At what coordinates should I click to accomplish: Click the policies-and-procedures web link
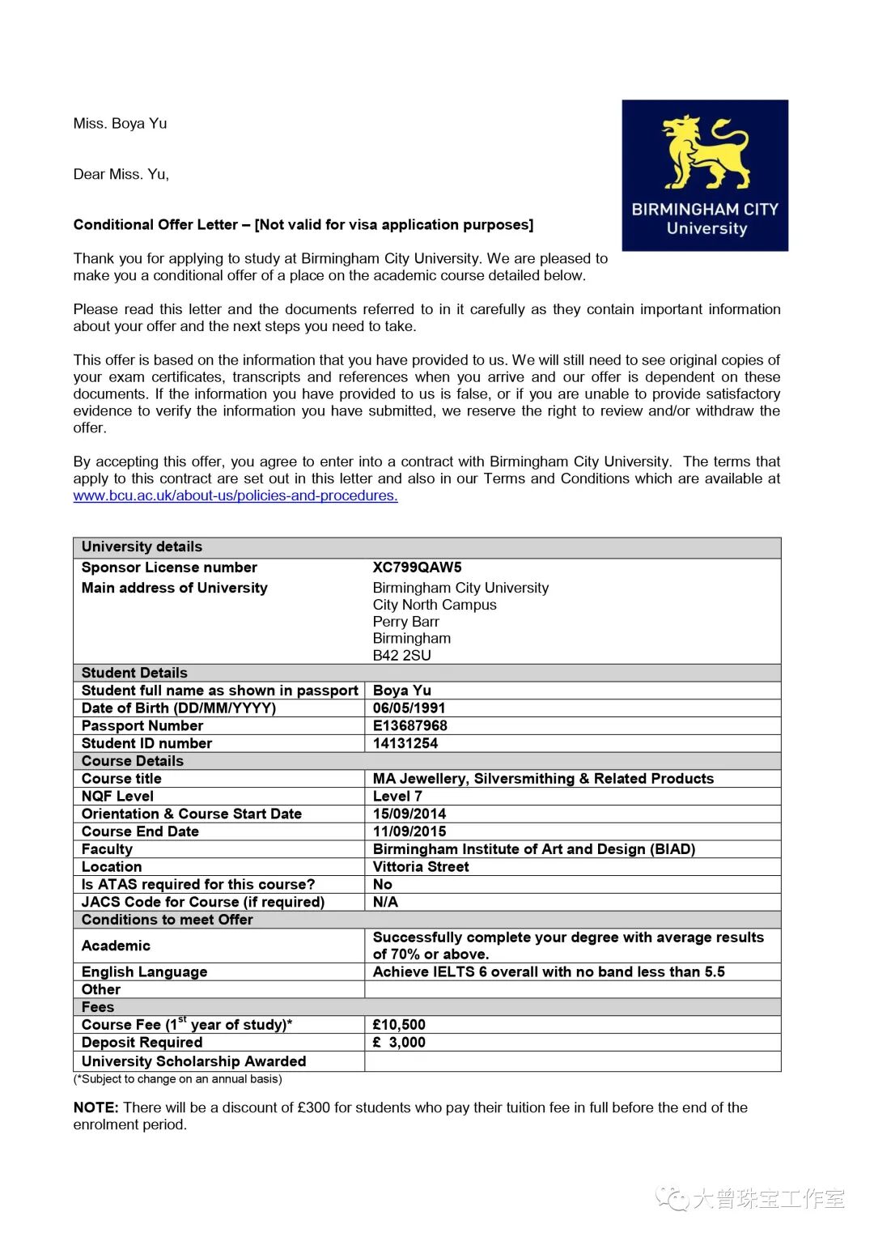[x=235, y=495]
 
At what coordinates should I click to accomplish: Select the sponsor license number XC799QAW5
[x=417, y=567]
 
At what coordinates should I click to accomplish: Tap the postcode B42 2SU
[x=401, y=655]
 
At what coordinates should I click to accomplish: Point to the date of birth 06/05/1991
[x=409, y=708]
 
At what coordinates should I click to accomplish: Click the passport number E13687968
[x=409, y=726]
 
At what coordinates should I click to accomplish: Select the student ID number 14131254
[x=405, y=743]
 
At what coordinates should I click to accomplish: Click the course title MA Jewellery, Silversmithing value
[x=543, y=779]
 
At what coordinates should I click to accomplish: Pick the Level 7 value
[x=397, y=797]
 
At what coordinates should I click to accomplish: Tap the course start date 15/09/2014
[x=409, y=814]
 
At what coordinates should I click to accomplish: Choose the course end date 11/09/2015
[x=409, y=831]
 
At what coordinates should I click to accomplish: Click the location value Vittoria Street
[x=421, y=867]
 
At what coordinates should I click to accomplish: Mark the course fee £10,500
[x=399, y=1025]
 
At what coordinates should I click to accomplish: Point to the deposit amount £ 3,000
[x=399, y=1043]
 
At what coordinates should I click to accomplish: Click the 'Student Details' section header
[x=134, y=673]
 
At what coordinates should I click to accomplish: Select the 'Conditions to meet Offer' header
[x=167, y=920]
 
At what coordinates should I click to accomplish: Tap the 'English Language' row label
[x=144, y=972]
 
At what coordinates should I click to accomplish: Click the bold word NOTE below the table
[x=95, y=1107]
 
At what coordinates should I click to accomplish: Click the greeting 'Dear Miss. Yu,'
[x=121, y=174]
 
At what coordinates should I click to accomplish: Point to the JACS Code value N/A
[x=385, y=902]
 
